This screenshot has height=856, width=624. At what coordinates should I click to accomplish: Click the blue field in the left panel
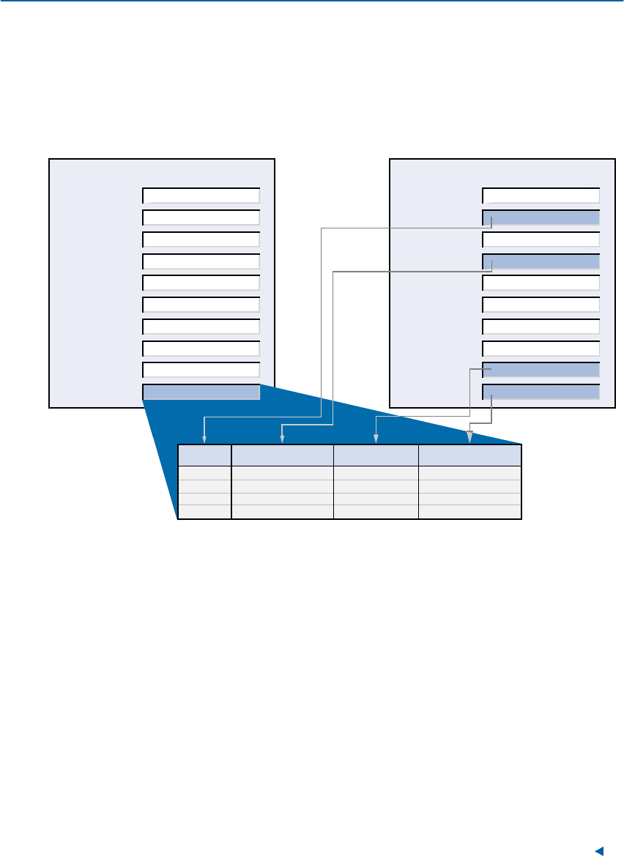coord(201,392)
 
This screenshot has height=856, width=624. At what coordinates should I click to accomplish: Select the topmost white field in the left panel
coord(201,195)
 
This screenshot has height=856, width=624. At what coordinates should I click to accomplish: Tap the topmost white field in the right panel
coord(541,195)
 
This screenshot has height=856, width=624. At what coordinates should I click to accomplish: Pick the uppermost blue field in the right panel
coord(541,217)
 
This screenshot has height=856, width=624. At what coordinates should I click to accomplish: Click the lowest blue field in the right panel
coord(541,392)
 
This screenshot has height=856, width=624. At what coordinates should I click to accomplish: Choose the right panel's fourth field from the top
coord(541,261)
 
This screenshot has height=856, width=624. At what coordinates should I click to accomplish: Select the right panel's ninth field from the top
coord(541,370)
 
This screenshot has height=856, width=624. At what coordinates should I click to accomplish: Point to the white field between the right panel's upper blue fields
coord(541,239)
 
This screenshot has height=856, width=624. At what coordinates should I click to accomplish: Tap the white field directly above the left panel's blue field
coord(201,370)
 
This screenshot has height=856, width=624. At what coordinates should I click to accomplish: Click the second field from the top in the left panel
coord(201,217)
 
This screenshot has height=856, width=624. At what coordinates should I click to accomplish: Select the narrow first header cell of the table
coord(204,455)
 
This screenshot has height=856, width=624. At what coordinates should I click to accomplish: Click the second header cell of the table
coord(282,455)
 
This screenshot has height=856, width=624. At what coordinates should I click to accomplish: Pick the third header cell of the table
coord(376,455)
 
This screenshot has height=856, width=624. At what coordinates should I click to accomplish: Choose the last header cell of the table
coord(469,455)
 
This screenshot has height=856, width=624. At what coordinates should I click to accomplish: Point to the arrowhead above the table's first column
coord(204,441)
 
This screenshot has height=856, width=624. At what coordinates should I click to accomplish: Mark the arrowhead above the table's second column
coord(282,441)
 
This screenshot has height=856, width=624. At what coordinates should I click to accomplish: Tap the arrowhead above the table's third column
coord(376,441)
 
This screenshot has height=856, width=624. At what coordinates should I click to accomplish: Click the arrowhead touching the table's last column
coord(470,439)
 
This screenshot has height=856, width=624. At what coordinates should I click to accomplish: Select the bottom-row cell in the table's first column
coord(204,512)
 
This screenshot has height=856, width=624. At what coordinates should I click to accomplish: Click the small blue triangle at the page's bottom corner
coord(598,850)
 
